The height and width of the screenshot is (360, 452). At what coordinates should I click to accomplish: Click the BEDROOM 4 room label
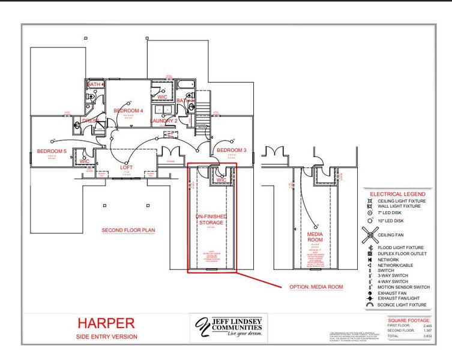pos(128,110)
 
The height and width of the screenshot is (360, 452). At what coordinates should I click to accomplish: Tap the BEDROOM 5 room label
pos(51,151)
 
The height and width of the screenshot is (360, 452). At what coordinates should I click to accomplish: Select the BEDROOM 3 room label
pos(232,149)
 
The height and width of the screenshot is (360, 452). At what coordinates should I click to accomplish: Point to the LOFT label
pos(126,167)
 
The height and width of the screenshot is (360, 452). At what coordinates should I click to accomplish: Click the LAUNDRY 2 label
pos(164,121)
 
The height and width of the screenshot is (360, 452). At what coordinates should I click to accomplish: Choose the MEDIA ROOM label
pos(315,236)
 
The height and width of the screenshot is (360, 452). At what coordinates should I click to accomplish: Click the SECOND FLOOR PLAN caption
pos(128,230)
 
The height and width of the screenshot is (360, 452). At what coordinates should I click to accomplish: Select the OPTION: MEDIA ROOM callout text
pos(316,287)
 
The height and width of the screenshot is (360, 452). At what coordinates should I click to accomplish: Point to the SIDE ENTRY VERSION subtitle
pos(106,337)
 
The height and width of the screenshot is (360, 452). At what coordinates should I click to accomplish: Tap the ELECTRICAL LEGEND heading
pos(397,194)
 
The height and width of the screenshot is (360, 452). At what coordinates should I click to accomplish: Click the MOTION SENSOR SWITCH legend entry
pos(403,287)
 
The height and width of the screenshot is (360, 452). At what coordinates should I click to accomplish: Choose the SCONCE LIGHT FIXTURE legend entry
pos(402,305)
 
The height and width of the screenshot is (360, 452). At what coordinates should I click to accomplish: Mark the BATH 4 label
pos(95,85)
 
